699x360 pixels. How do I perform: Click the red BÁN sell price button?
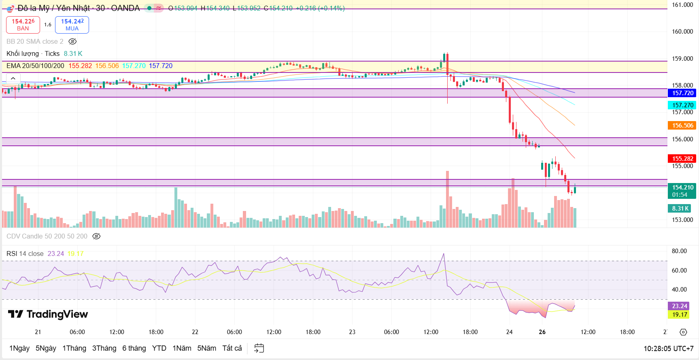coord(23,25)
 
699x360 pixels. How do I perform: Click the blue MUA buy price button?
coord(72,25)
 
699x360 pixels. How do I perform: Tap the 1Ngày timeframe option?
coord(19,348)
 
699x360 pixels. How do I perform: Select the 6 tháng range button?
coord(134,348)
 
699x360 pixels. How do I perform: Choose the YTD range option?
coord(159,348)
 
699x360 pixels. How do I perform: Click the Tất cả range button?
coord(232,348)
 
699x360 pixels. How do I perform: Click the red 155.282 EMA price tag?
coord(682,159)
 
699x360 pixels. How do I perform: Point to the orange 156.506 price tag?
coord(682,126)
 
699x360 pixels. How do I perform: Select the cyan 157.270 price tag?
coord(682,105)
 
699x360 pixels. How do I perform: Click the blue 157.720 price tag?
coord(682,93)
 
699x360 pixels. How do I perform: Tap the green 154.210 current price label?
coord(682,191)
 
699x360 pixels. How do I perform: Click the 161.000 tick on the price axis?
coord(682,5)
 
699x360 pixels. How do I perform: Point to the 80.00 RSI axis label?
coord(679,251)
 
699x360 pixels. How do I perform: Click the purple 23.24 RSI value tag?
coord(679,306)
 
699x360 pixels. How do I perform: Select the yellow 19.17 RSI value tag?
coord(679,315)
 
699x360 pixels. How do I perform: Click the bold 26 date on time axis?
coord(542,332)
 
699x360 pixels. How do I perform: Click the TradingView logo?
coord(48,314)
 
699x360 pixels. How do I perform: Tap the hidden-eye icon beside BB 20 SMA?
coord(72,41)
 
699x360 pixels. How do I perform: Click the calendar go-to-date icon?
coord(259,348)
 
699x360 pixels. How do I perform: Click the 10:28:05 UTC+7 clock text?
coord(668,348)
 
